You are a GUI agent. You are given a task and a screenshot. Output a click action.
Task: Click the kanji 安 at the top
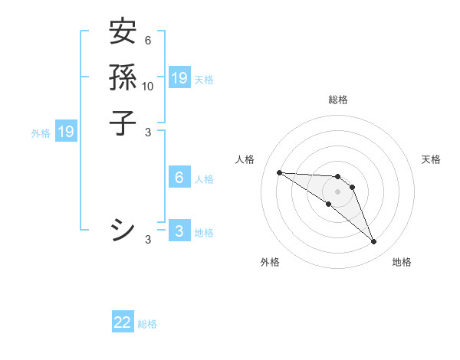coord(123,32)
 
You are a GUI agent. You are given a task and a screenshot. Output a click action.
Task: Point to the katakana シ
coord(123,230)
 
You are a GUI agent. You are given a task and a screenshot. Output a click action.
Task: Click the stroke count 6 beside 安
coord(147,41)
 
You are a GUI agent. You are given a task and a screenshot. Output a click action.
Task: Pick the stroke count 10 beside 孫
coord(148,86)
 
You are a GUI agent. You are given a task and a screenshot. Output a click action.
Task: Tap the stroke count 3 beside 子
coord(148,131)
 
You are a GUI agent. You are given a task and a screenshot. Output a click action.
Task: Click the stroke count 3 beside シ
coord(148,240)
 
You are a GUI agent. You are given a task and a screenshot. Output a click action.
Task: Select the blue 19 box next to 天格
coord(179,77)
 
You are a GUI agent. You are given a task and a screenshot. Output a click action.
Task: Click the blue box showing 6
coord(179,178)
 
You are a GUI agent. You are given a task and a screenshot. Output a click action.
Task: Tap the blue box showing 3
coord(179,231)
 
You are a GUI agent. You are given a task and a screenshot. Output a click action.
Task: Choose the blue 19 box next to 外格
coord(67,132)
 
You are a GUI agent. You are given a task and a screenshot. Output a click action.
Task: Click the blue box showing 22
coord(123,322)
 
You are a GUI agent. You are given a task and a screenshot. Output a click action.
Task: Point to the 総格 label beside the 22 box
coord(147,324)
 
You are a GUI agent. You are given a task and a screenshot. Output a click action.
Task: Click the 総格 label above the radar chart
coord(338,100)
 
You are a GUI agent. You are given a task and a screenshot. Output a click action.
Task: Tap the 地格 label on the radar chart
coord(402,262)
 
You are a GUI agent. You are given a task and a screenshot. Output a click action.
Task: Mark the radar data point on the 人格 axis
coord(279,172)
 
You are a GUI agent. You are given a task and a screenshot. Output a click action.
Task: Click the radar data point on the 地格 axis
coord(373,242)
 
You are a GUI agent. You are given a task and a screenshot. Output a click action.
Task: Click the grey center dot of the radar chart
coord(338,191)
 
